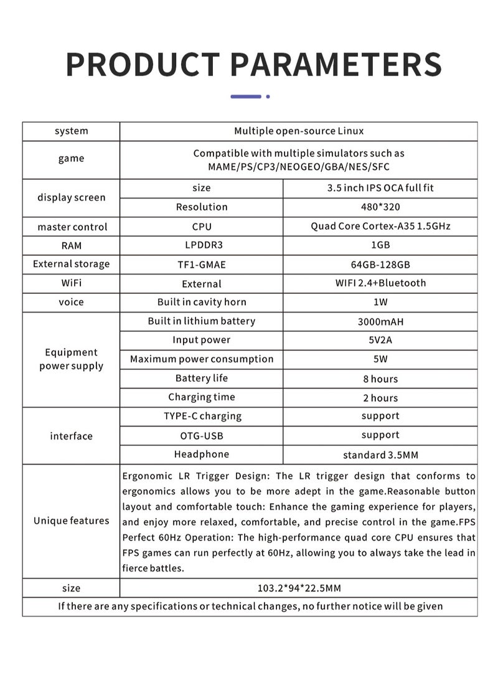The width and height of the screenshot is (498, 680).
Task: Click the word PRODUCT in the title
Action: (143, 64)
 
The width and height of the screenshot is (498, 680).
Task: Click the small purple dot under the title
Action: (268, 97)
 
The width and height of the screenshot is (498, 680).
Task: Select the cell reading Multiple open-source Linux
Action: (299, 131)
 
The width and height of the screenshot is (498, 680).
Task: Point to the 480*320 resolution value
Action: (380, 207)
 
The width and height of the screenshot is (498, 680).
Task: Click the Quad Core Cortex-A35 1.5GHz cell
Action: (380, 226)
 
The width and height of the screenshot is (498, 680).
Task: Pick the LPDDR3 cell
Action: (202, 245)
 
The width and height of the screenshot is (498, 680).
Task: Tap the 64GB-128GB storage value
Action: (380, 265)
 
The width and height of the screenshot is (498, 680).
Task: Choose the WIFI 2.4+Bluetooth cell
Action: (380, 283)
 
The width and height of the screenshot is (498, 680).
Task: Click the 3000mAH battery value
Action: (380, 322)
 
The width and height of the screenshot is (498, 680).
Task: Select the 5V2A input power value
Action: (380, 341)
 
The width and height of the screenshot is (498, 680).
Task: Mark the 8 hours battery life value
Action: (380, 379)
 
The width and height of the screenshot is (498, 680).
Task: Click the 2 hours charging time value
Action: (380, 398)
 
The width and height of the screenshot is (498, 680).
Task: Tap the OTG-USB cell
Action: (202, 435)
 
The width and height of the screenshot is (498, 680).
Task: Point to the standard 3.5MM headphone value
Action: (380, 455)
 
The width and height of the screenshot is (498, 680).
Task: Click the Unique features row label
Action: (71, 521)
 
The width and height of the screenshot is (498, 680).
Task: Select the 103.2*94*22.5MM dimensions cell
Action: (299, 588)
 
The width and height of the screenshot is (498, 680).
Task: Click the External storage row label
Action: (71, 264)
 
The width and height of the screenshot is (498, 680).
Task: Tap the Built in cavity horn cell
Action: (202, 302)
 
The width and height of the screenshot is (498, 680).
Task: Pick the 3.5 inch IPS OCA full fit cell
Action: (380, 187)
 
